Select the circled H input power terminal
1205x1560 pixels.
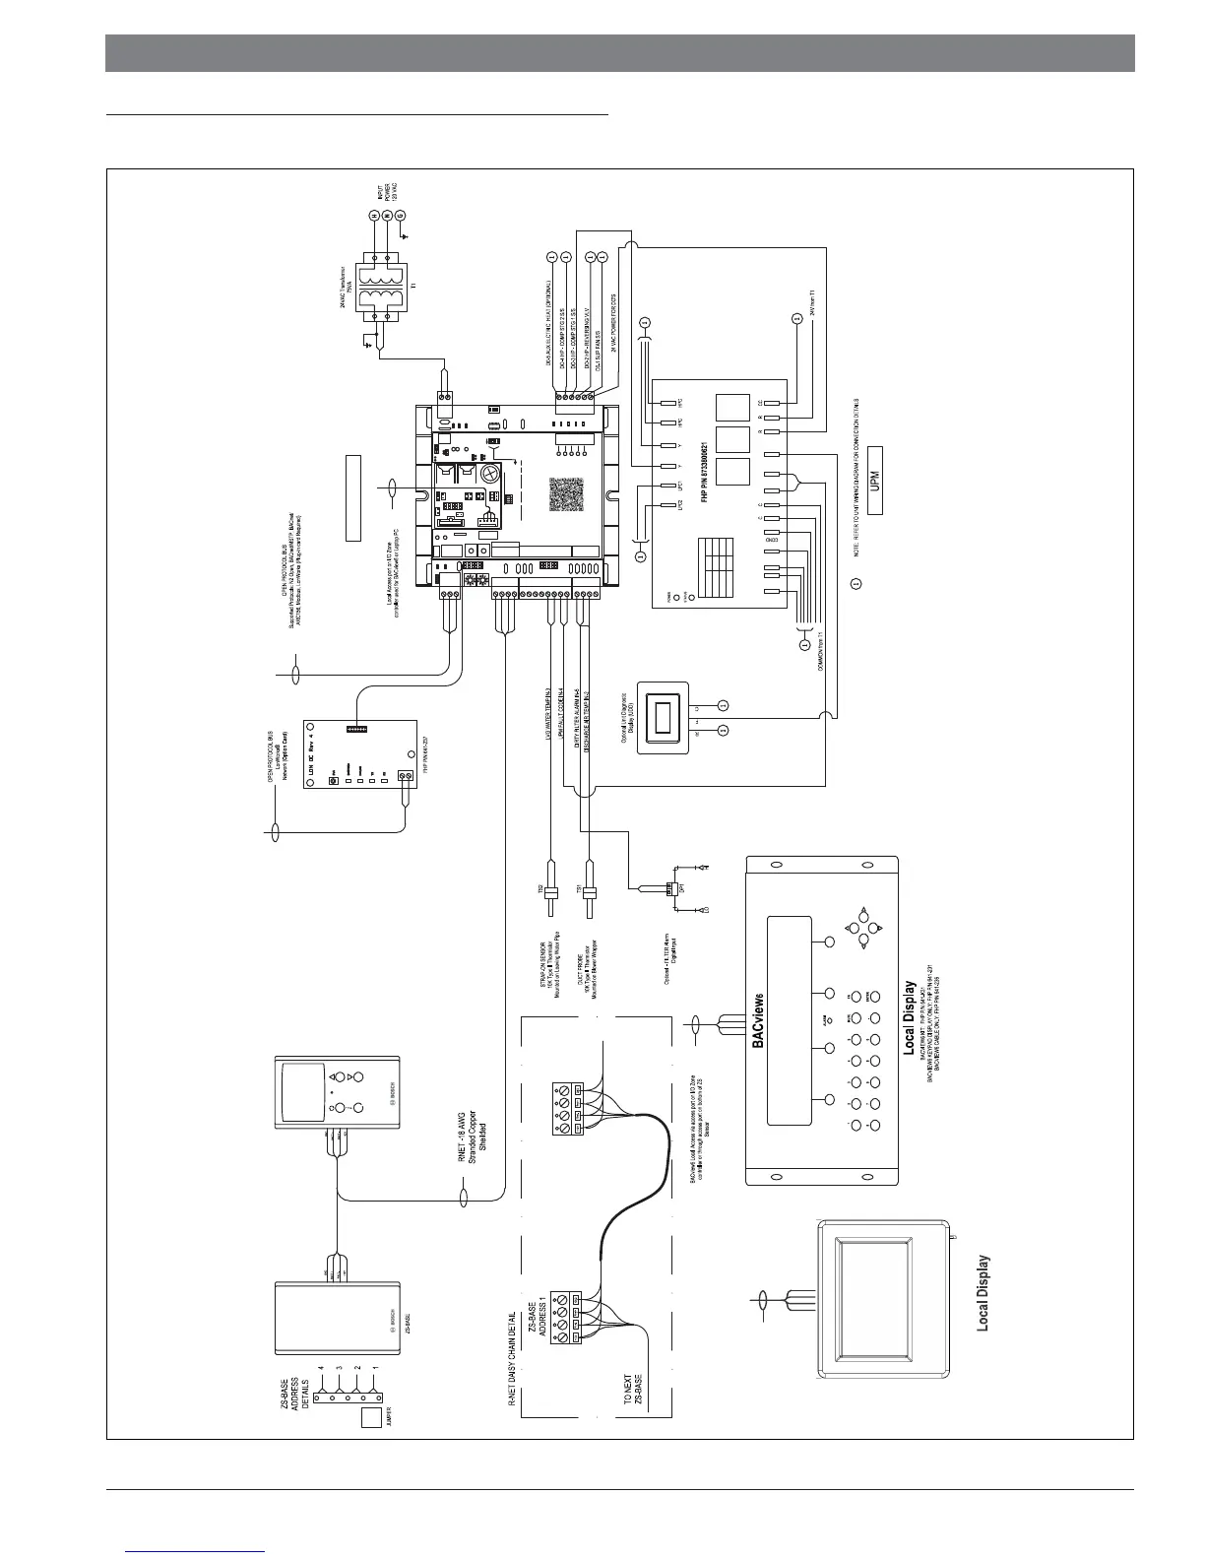point(374,216)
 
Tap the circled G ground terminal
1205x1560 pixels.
point(401,216)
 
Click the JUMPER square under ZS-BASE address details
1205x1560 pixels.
point(372,1418)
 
